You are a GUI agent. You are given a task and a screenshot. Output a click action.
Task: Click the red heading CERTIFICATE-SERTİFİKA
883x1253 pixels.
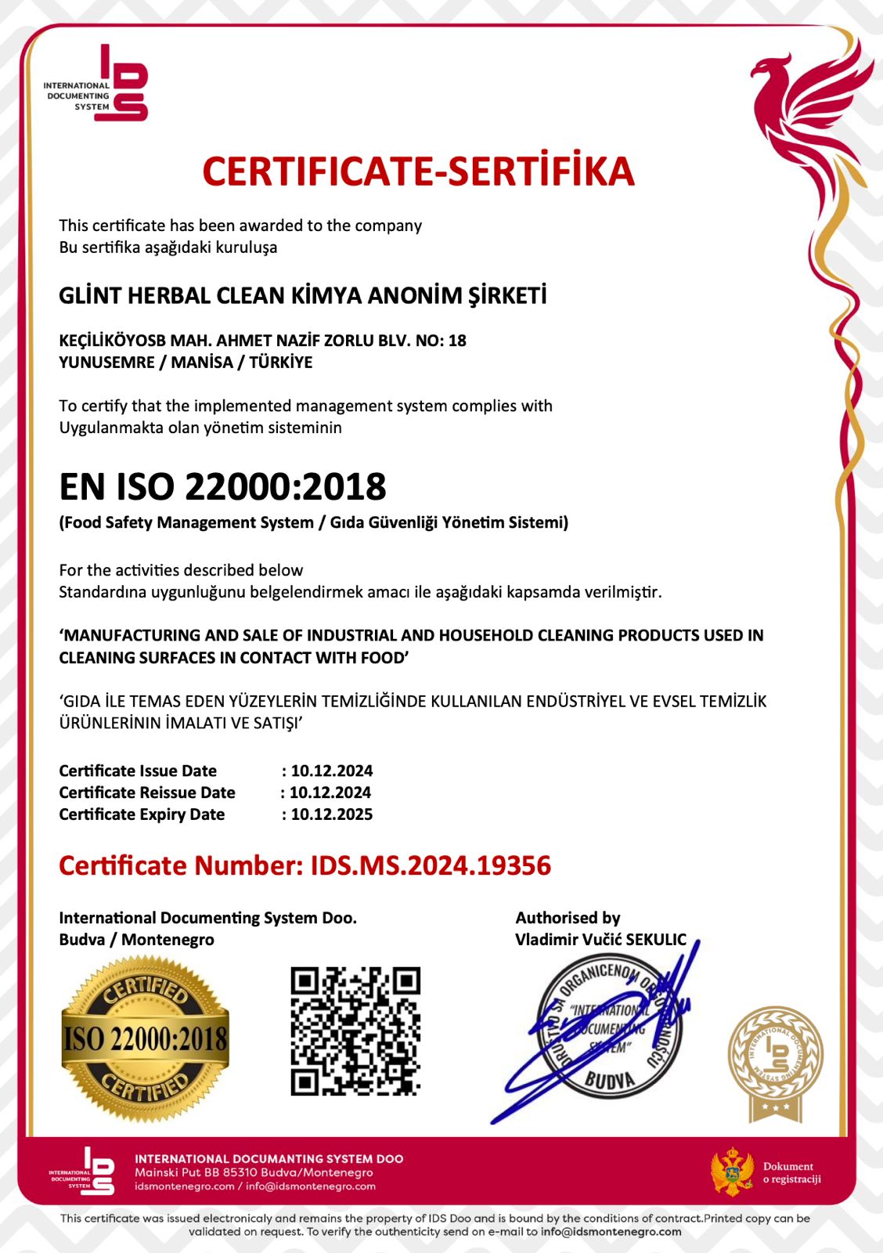418,172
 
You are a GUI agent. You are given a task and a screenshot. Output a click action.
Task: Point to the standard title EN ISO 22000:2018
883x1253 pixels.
222,486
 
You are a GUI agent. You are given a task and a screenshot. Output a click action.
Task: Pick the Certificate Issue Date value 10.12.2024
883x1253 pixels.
332,771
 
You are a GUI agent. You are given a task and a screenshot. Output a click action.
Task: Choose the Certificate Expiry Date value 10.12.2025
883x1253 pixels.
332,814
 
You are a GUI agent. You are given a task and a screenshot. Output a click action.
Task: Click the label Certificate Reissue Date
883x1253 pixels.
147,793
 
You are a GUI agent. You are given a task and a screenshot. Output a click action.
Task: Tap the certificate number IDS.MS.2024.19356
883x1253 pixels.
431,865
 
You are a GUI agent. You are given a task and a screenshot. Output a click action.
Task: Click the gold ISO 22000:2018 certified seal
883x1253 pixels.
146,1040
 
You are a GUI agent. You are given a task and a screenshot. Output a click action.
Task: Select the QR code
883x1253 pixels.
355,1031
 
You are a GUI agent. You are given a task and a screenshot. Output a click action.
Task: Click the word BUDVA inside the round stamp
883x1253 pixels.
610,1081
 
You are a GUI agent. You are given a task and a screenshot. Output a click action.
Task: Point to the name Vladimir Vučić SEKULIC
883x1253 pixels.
600,940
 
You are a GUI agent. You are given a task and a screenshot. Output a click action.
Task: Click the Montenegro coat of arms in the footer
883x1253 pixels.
732,1172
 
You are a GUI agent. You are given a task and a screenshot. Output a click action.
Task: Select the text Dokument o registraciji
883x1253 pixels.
791,1172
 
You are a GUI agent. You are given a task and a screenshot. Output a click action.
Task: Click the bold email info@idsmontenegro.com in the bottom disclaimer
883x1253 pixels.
611,1232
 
